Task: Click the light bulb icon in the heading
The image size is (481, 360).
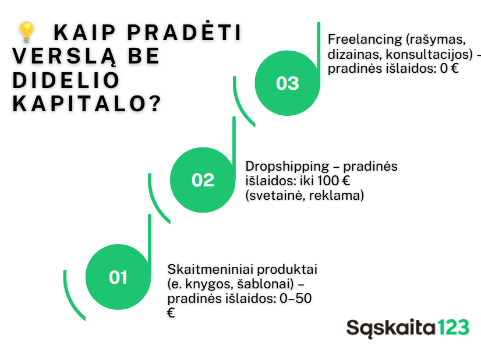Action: (26, 32)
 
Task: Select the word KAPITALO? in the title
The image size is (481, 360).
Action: (87, 104)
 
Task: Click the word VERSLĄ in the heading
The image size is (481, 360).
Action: (65, 57)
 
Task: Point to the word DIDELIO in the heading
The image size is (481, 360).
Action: (66, 80)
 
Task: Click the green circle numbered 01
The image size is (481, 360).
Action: (118, 277)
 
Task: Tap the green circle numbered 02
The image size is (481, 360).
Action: (203, 180)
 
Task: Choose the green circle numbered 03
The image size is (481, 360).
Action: (288, 83)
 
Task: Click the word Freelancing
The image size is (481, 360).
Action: (365, 39)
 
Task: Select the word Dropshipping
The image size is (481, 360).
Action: (287, 167)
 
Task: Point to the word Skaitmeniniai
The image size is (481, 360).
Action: (210, 269)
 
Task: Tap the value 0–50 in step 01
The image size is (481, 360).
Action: (295, 298)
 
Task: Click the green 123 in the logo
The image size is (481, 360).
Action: (453, 327)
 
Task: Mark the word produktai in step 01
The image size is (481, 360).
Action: (287, 270)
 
